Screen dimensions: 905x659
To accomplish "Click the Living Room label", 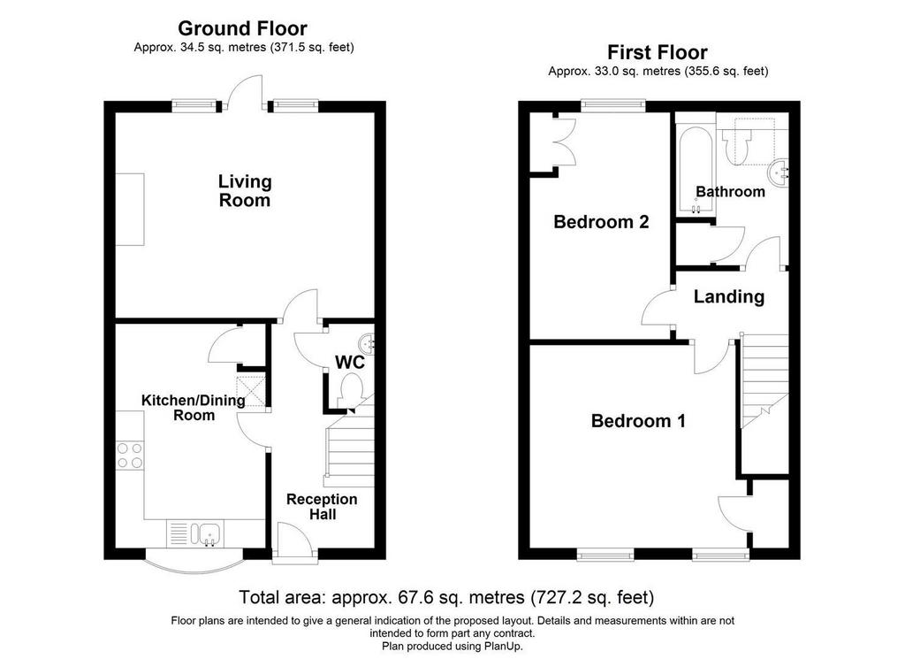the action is tap(245, 190).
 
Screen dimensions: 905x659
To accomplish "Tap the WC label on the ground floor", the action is tap(350, 362).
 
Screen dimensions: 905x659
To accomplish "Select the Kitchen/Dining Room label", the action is tap(194, 407).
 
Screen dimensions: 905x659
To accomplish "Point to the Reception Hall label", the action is tap(322, 507).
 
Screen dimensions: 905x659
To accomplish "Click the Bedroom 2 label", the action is tap(601, 222).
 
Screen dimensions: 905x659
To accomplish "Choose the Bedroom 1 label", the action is tap(638, 420).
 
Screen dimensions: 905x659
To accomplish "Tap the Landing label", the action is tap(729, 297).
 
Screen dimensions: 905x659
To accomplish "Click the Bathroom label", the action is tap(730, 191).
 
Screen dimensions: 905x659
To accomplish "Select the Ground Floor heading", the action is tap(242, 28).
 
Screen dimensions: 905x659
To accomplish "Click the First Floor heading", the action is tap(658, 52).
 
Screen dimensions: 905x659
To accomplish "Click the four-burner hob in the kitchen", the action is tap(129, 456).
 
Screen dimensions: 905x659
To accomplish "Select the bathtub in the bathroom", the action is tap(696, 169).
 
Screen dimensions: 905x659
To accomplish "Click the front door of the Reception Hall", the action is tap(294, 541).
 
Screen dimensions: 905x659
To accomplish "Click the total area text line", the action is tap(446, 597).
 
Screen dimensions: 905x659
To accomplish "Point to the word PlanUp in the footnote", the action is tap(505, 647).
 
